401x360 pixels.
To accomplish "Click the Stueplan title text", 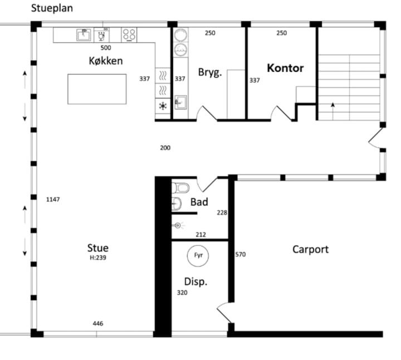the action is (52, 8).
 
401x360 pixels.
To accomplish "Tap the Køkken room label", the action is (106, 61).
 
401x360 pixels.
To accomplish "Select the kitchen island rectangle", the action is (97, 89).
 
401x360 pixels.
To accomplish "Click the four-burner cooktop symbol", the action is (129, 35).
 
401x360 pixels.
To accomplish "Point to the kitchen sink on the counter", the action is (84, 35).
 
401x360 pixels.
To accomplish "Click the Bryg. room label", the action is (210, 72).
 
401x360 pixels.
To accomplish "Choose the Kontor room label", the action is (285, 68).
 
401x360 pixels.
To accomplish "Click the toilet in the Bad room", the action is (180, 188).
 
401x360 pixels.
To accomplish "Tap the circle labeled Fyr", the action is (198, 255).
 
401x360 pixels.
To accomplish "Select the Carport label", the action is (310, 250).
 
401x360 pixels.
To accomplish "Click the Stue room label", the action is (98, 248).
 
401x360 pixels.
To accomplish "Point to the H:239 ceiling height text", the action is (98, 257).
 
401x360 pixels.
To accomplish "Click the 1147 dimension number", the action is (53, 200).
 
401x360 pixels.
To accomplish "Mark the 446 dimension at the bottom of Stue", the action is (98, 324).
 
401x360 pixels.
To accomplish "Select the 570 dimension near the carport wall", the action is (241, 254).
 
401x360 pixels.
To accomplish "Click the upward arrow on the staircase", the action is (332, 111).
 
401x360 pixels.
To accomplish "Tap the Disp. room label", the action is (195, 282).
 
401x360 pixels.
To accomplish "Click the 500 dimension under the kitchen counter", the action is (106, 47).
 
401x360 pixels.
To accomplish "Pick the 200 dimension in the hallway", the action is (165, 148).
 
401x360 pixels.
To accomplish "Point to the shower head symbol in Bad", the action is (178, 226).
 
